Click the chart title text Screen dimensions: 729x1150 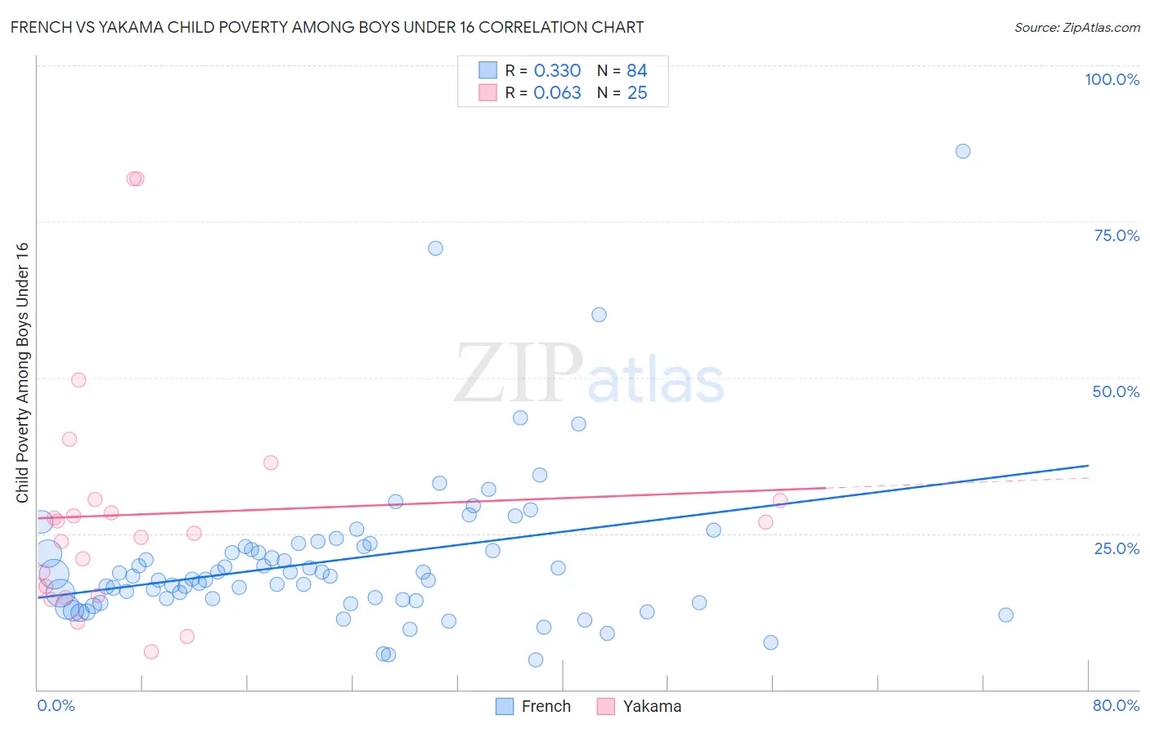[327, 27]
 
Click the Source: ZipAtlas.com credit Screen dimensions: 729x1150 [1076, 27]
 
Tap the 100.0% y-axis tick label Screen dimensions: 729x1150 [1112, 79]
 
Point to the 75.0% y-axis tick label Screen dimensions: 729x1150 [1116, 235]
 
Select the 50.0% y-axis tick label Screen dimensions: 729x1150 [1116, 391]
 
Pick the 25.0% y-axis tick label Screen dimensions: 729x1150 [1116, 548]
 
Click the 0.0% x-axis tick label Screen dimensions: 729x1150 [56, 705]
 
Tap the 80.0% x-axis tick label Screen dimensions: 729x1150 [1116, 705]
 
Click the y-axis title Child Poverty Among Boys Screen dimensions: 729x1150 [22, 373]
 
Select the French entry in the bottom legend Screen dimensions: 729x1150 [546, 706]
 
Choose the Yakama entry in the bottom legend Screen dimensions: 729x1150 [651, 706]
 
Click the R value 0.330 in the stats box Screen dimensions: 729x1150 [557, 71]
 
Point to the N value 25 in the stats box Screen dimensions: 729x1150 [637, 93]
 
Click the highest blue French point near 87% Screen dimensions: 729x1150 [963, 151]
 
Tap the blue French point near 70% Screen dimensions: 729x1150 [435, 248]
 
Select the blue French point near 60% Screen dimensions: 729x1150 [599, 315]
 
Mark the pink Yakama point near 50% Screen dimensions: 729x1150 [79, 380]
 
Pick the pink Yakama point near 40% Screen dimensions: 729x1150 [70, 439]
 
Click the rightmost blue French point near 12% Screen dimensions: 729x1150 [1006, 615]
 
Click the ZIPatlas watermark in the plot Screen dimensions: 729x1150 [589, 374]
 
